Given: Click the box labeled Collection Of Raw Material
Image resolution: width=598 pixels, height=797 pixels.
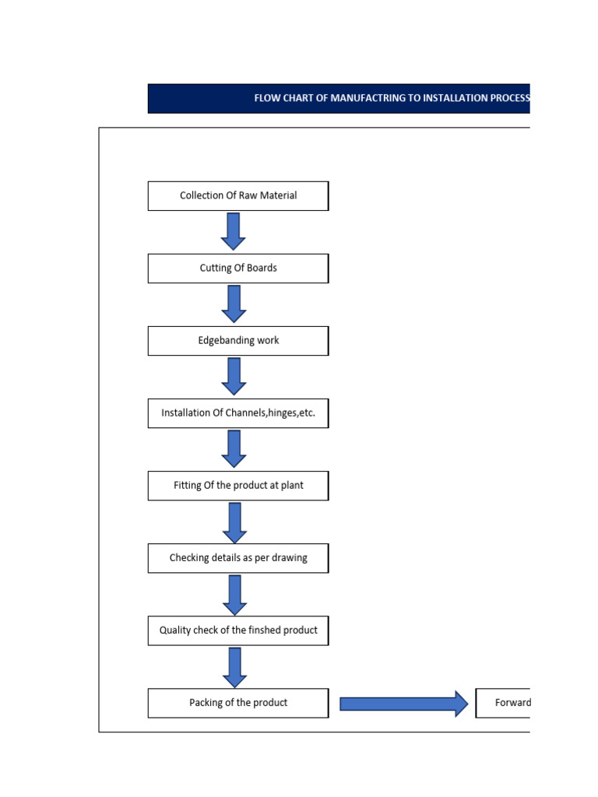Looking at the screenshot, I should pos(238,196).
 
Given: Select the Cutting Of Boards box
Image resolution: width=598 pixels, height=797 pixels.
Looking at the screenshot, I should pos(238,269).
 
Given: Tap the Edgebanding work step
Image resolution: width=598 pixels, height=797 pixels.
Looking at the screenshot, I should pos(238,341).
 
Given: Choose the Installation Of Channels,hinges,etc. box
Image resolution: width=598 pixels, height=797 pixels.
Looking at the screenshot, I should pos(238,413).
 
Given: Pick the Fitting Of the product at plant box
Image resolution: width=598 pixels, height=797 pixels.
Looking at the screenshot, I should pos(238,486).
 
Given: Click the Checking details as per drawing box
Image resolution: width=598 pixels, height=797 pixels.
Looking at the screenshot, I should pos(238,558).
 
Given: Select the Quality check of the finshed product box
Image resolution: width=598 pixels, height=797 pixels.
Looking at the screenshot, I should pos(238,630).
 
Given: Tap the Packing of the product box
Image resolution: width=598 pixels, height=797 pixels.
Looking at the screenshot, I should pos(238,703).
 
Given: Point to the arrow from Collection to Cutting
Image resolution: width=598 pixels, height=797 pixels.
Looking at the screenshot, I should pos(234,231).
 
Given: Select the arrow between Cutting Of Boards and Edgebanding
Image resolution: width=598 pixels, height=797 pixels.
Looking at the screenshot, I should pos(234,304).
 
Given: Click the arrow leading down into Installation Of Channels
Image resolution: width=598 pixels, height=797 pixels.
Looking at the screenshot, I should pos(234,376).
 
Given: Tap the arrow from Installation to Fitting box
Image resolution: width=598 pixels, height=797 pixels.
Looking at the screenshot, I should pos(234,448).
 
